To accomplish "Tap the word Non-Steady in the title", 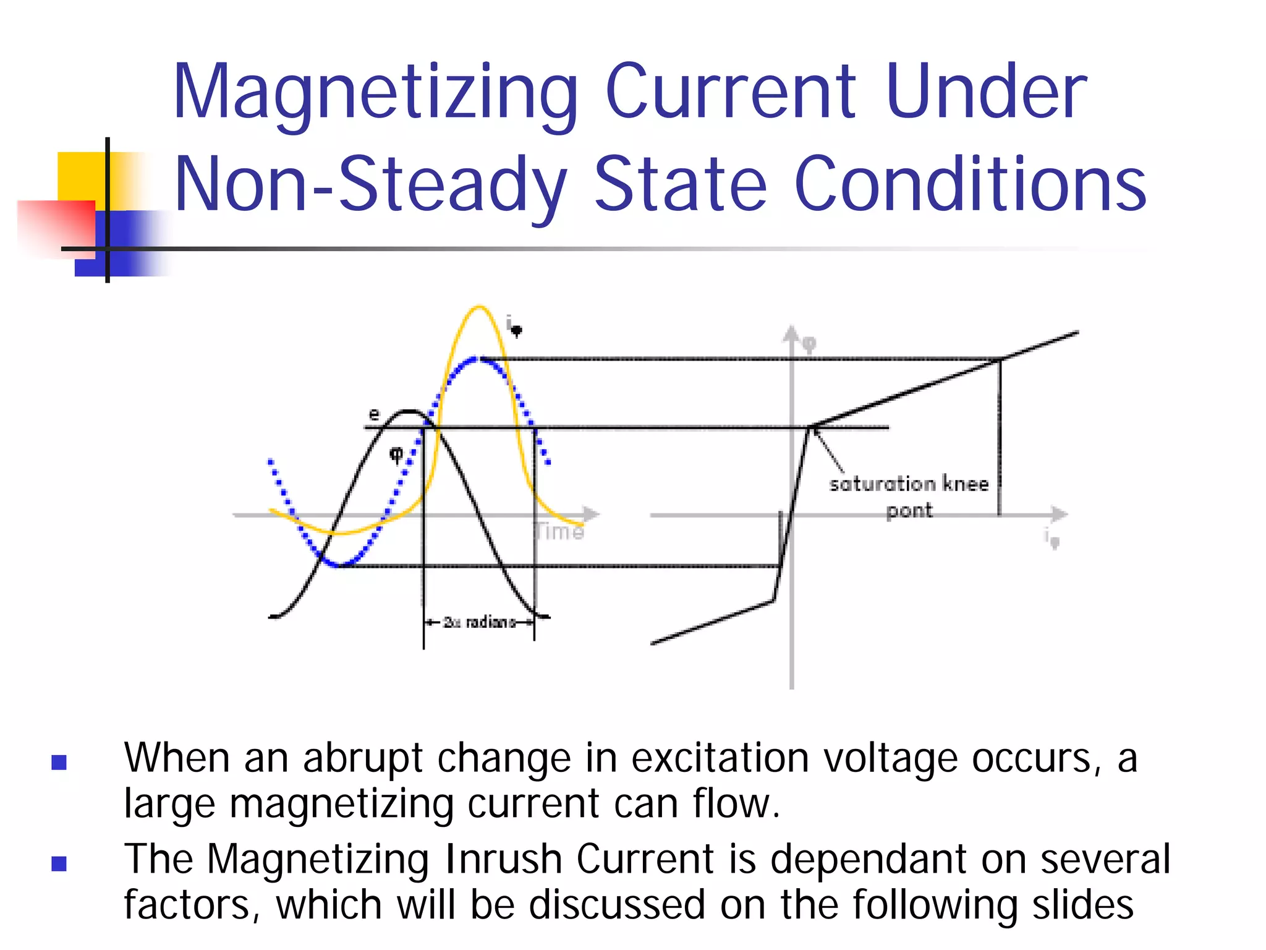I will point(370,185).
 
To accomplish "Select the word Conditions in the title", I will point(970,185).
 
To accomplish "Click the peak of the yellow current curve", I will point(479,307).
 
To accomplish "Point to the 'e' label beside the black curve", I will point(374,414).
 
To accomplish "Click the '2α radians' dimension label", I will point(479,622).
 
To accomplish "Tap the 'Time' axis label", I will point(559,531).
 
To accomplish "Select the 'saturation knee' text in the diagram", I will point(909,484).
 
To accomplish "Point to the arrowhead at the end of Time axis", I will point(592,514).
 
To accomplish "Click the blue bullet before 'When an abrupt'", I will point(59,762).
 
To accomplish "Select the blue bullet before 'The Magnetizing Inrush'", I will point(59,863).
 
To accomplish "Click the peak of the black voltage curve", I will point(409,411).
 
